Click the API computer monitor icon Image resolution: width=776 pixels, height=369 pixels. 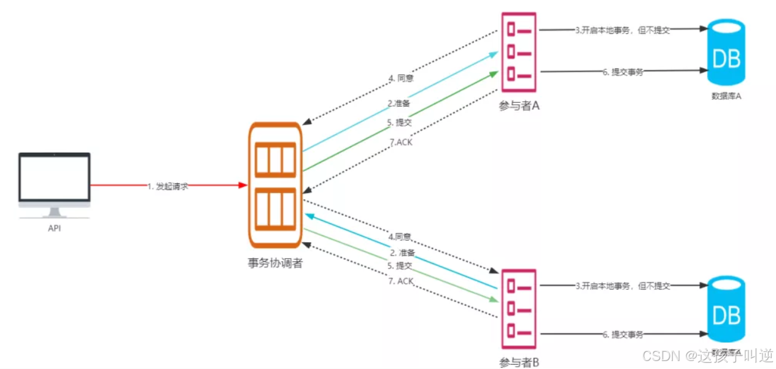54,183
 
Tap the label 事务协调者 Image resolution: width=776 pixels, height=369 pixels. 274,263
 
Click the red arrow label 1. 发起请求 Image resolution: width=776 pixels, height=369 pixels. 168,186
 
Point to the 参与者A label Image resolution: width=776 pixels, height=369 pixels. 519,105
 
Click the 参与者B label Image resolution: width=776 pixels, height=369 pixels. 519,362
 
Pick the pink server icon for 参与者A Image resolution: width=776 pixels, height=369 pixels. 519,52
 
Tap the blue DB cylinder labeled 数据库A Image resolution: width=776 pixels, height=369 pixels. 726,53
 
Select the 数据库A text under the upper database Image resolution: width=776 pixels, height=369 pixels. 726,96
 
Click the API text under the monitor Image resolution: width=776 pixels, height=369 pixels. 54,228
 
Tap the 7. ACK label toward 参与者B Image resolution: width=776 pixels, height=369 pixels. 401,281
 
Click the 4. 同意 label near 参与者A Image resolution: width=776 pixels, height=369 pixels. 401,78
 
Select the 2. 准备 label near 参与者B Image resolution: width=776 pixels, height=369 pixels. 403,252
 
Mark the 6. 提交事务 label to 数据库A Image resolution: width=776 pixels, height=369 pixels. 623,72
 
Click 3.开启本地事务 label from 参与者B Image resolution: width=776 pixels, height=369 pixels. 623,286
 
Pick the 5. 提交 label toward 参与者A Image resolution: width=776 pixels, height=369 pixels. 400,122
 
